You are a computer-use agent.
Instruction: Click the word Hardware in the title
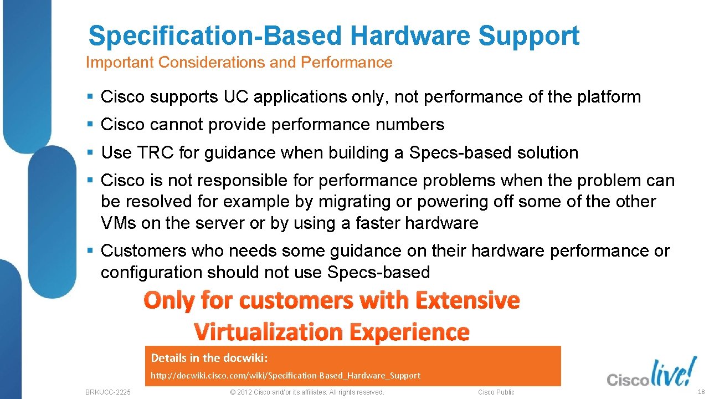click(410, 35)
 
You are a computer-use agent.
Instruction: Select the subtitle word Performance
click(346, 63)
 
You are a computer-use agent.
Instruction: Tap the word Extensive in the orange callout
click(467, 301)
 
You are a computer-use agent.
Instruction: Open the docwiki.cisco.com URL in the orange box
click(286, 376)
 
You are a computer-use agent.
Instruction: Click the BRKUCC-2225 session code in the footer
click(108, 392)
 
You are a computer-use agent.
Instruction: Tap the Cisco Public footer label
click(496, 392)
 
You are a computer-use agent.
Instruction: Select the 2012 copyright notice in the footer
click(306, 392)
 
